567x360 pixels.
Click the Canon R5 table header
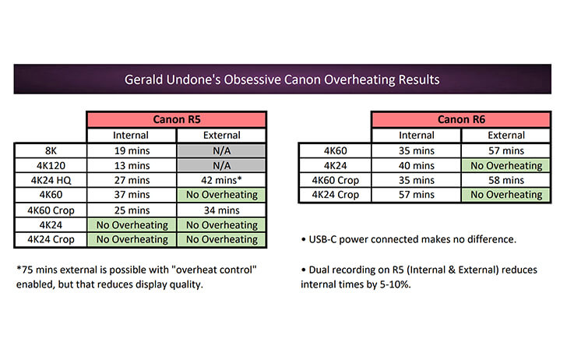click(177, 119)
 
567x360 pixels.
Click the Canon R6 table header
click(461, 119)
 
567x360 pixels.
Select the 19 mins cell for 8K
click(132, 150)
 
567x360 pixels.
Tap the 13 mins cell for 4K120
click(132, 165)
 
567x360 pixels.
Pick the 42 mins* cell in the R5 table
click(221, 180)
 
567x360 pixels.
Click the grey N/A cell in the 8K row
click(221, 150)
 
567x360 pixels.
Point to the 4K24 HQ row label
click(51, 180)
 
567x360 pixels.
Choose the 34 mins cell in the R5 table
click(221, 210)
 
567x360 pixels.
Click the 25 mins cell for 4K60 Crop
click(132, 210)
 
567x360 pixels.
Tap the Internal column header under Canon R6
click(417, 136)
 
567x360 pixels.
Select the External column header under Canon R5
click(221, 136)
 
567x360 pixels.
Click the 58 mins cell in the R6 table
click(506, 180)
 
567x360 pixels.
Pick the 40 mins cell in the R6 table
click(417, 165)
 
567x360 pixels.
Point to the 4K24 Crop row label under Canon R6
click(336, 195)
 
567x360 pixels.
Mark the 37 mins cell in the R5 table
click(132, 195)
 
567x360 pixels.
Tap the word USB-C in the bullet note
click(322, 239)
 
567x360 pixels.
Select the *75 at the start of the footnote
click(25, 270)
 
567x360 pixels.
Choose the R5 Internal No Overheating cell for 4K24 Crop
click(132, 239)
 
